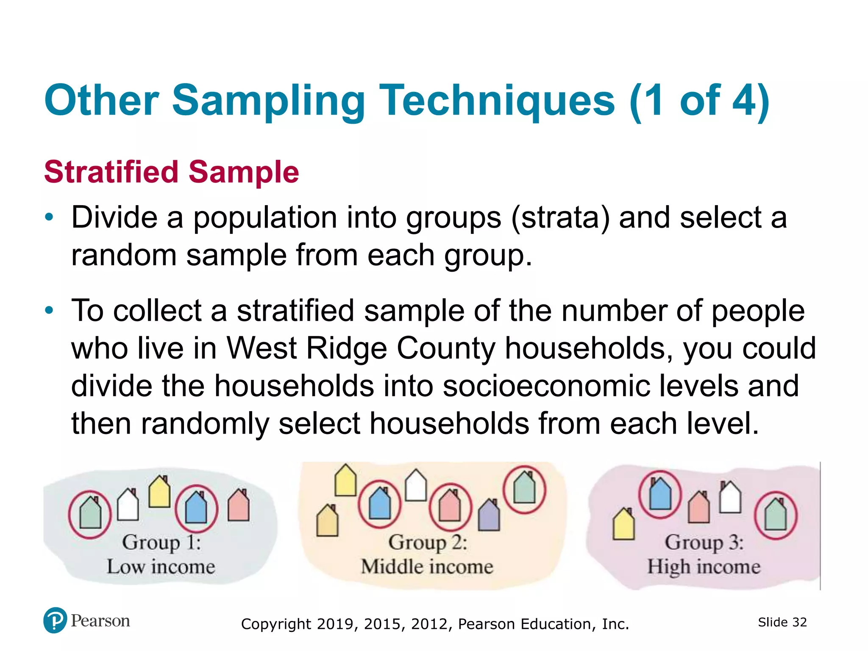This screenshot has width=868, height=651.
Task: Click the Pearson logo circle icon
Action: coord(55,620)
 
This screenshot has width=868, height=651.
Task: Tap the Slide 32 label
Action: coord(782,622)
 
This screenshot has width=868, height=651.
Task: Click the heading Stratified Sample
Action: coord(172,172)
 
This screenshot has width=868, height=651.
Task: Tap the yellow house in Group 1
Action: coord(159,492)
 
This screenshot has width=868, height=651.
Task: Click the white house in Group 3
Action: coord(730,498)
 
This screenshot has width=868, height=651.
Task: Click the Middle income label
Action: coord(427,567)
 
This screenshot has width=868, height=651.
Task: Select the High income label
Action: coord(704,567)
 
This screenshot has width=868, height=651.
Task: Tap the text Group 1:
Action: coord(161,542)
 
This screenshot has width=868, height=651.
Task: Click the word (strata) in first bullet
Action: coord(560,218)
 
